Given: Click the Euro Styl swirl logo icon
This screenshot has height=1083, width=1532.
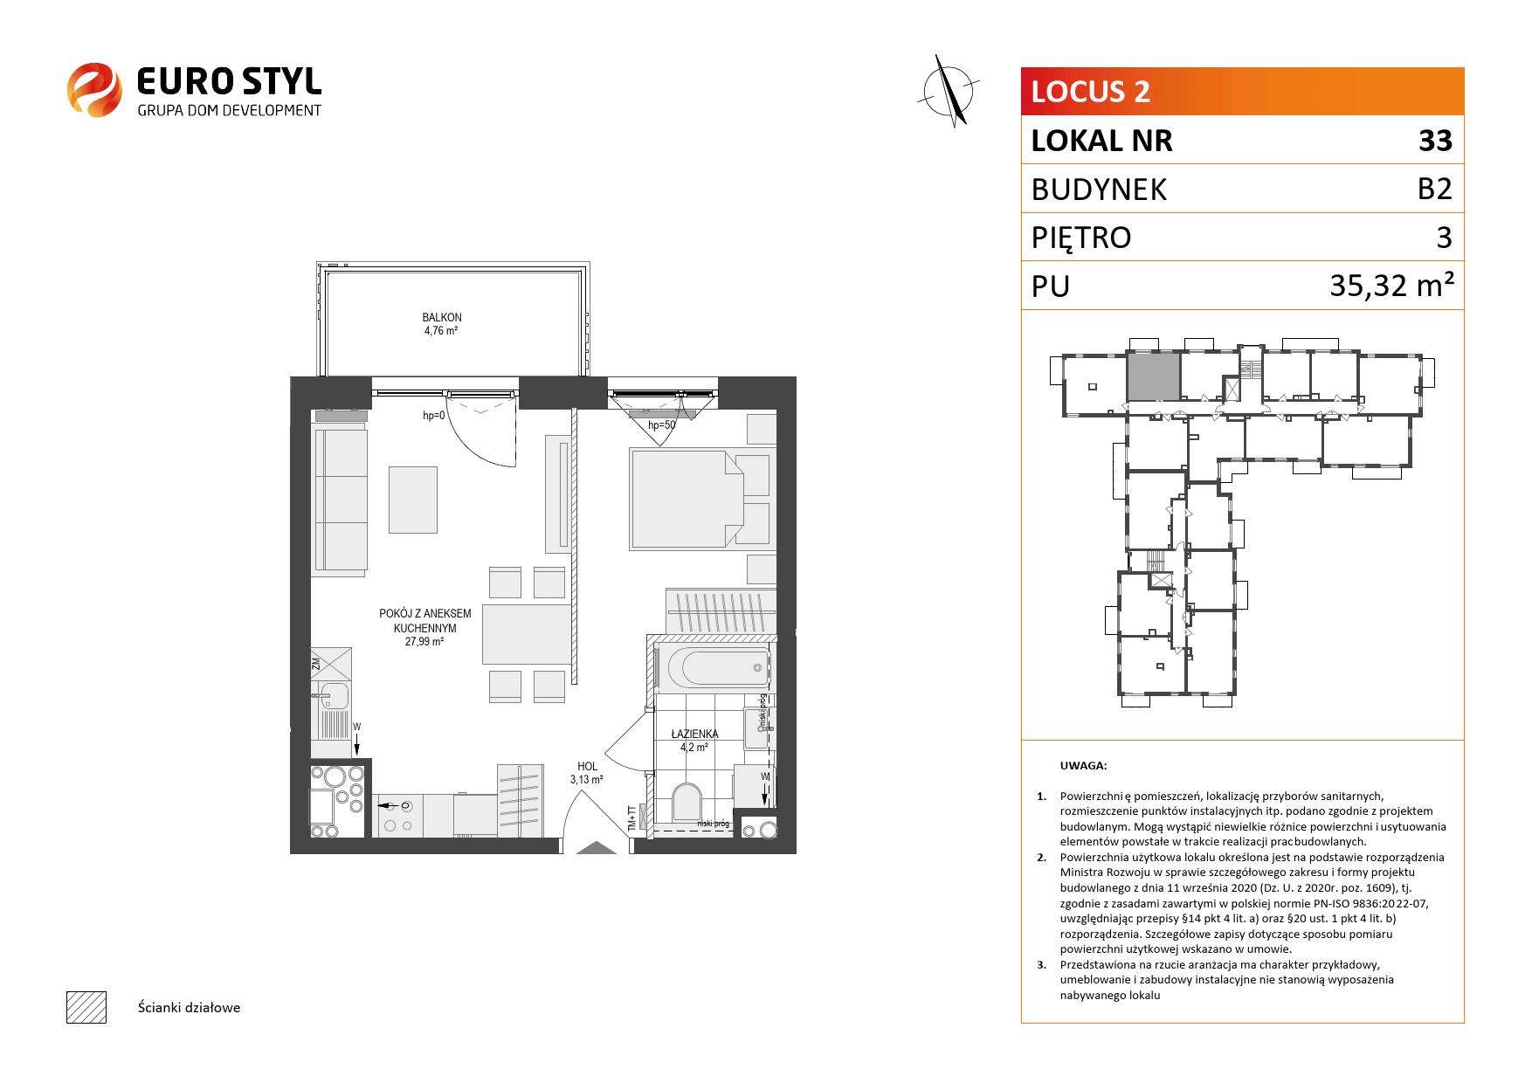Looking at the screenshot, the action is [94, 88].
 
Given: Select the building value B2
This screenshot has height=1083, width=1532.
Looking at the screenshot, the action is [1434, 189].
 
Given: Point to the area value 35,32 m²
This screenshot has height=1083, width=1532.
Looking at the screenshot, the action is [1391, 285].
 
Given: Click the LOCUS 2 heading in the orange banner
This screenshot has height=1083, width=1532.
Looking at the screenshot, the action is [1091, 91].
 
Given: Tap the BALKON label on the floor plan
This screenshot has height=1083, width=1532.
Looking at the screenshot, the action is [441, 318].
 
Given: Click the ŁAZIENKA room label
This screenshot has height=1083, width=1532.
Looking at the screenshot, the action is [694, 734].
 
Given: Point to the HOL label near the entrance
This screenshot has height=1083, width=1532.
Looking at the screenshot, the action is [587, 767].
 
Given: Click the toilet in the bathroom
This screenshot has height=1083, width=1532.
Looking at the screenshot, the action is [687, 802].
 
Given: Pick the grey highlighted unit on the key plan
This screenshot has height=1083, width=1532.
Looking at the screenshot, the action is [1153, 376].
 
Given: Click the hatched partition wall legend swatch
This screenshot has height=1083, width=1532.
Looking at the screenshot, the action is [86, 1007].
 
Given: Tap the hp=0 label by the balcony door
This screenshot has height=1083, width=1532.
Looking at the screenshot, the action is [434, 416].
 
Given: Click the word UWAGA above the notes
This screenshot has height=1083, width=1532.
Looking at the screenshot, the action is [1083, 766].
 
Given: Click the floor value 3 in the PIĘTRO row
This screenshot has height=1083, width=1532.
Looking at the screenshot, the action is [1444, 238].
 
